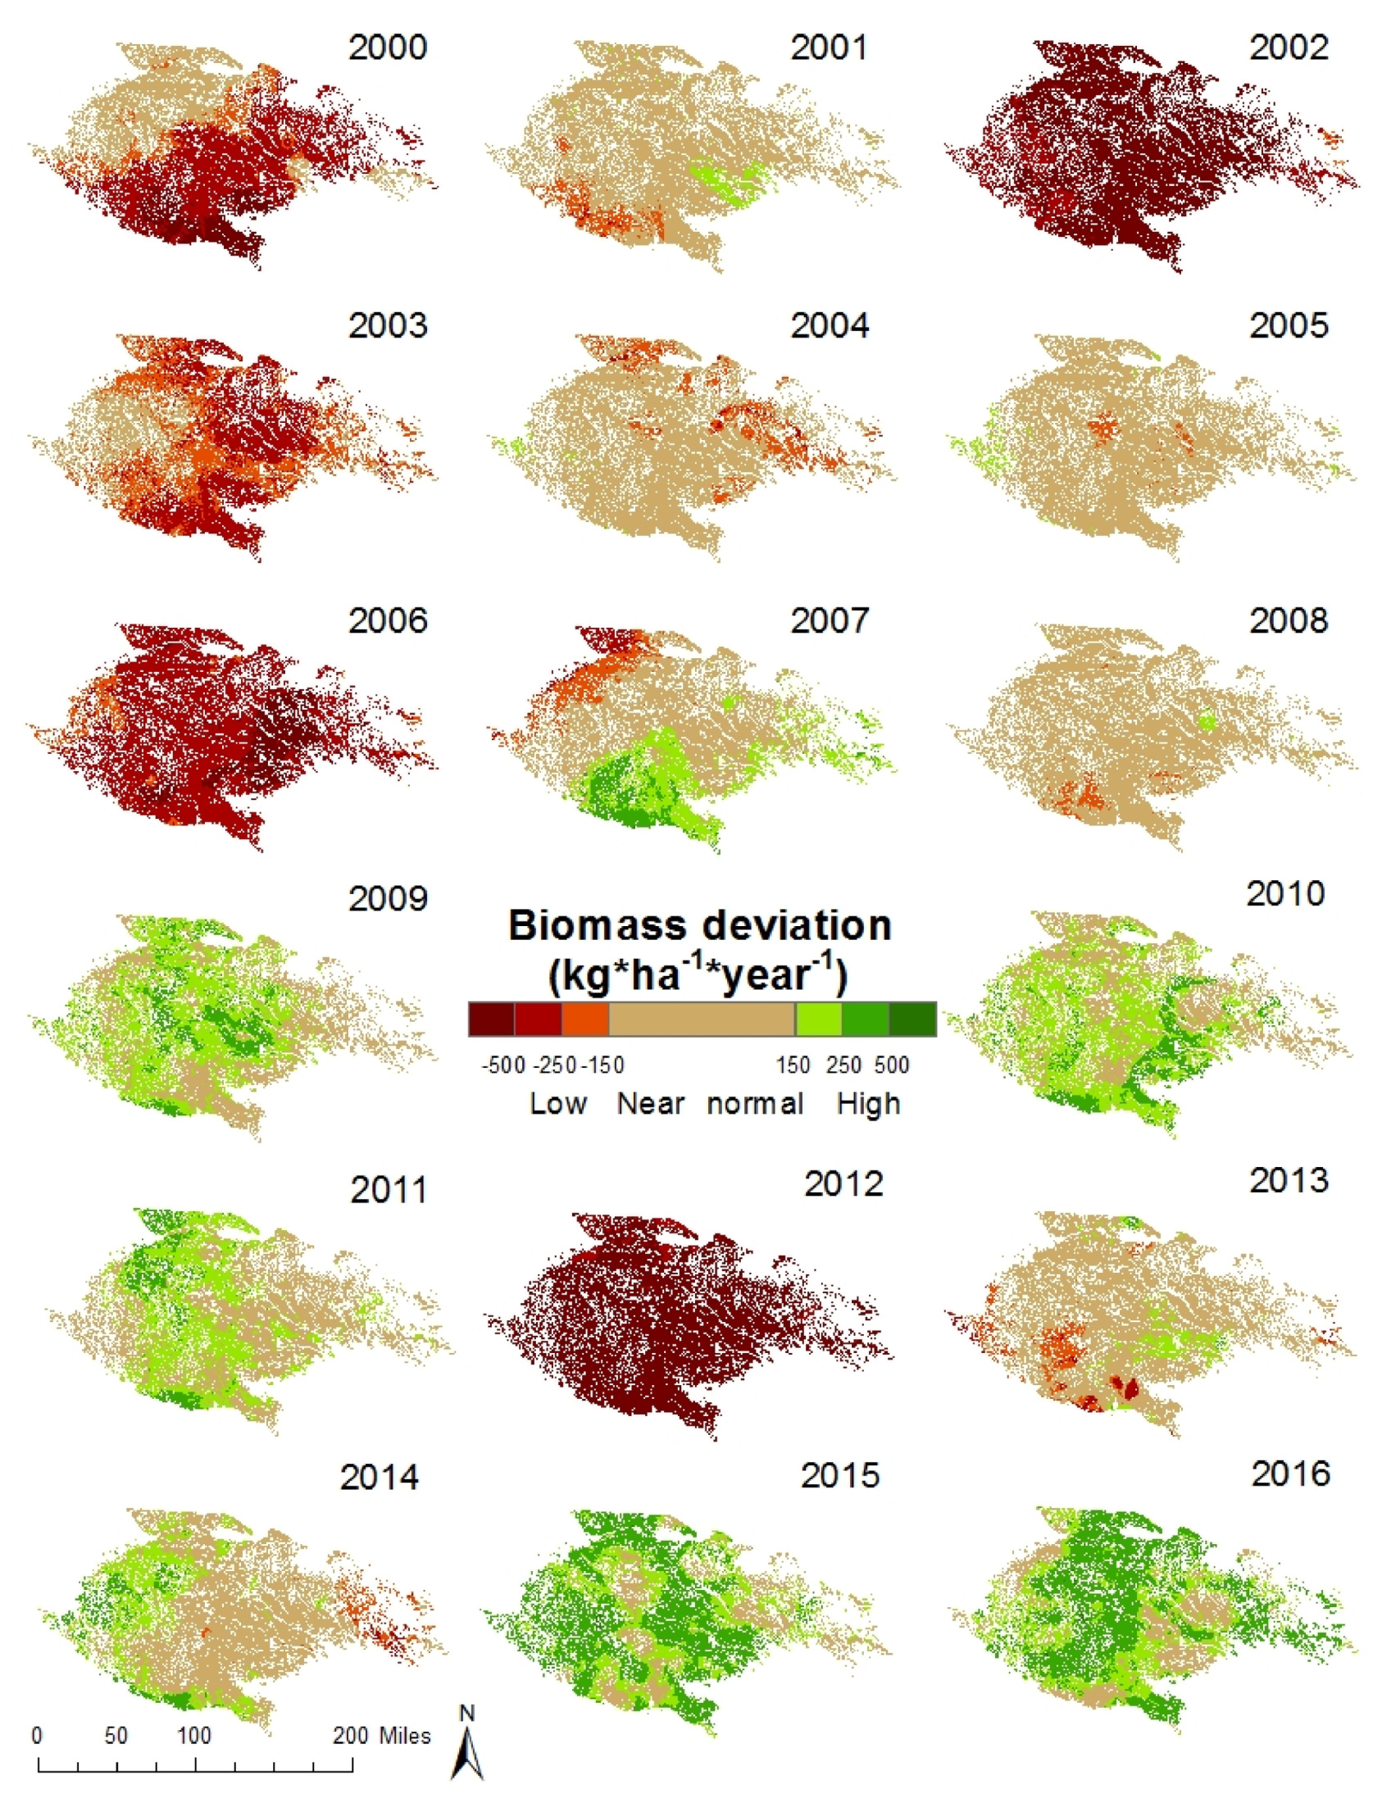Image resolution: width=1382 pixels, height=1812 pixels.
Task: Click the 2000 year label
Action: click(x=388, y=47)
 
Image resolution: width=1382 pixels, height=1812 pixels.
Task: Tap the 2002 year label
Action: click(x=1289, y=47)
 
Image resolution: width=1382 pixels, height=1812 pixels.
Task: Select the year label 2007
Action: click(x=830, y=620)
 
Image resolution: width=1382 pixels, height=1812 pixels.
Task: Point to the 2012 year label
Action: click(x=843, y=1183)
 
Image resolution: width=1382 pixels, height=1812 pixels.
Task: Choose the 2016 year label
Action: click(x=1291, y=1474)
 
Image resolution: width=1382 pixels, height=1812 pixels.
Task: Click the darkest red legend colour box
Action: click(x=491, y=1018)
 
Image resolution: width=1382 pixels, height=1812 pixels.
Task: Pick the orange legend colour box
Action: click(x=585, y=1018)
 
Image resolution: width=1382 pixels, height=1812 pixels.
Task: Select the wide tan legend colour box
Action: click(x=702, y=1018)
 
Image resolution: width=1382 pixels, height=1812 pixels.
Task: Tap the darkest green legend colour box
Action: click(x=912, y=1018)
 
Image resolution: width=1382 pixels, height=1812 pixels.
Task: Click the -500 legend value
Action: click(x=502, y=1065)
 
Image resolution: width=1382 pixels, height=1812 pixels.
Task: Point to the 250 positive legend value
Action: click(x=844, y=1065)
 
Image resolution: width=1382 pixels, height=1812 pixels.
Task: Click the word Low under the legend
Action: click(x=557, y=1103)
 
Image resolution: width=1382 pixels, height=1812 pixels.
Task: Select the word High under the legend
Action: click(x=869, y=1103)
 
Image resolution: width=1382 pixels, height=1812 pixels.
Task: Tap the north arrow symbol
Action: click(x=467, y=1746)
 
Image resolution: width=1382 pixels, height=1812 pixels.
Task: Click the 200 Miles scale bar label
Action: click(x=382, y=1736)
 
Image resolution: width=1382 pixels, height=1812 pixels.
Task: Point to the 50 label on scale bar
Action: click(x=116, y=1736)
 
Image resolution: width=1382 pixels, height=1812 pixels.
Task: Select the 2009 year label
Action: click(x=388, y=898)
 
